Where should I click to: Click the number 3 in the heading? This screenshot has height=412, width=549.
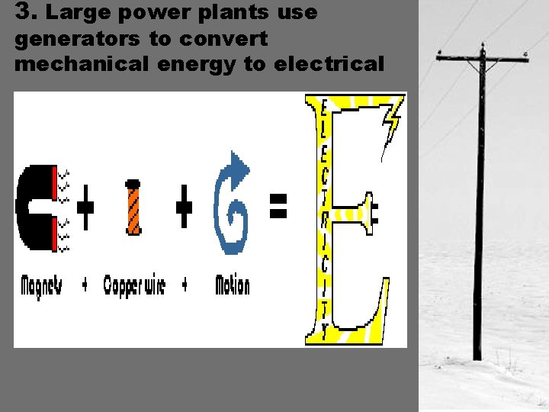click(22, 12)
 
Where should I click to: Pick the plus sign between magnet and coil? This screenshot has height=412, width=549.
click(86, 206)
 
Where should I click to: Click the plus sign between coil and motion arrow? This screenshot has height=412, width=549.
click(184, 206)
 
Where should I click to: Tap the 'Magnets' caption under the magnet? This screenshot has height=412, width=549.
click(42, 285)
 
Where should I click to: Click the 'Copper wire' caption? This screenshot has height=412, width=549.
click(133, 285)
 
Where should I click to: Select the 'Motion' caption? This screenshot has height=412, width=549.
click(232, 285)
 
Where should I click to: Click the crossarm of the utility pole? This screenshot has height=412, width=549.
click(482, 57)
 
